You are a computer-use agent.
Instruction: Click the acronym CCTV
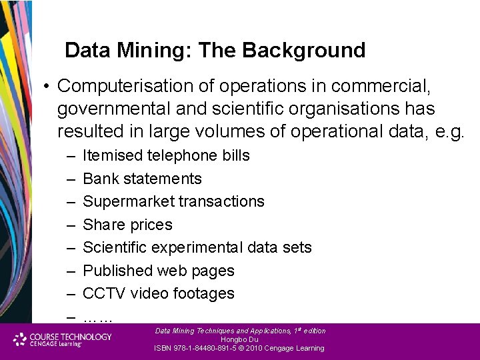tap(104, 293)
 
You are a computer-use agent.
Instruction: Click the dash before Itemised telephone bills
tap(71, 156)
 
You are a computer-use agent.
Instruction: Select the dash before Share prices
tap(71, 225)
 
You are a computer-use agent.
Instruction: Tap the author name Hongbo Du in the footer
tap(239, 339)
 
